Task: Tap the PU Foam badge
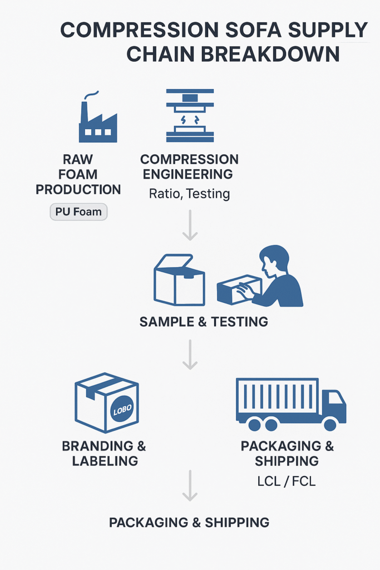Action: click(78, 212)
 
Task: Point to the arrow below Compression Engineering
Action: click(190, 226)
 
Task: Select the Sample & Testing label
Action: click(204, 322)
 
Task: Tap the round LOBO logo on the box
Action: click(122, 411)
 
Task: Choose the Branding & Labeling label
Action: click(104, 453)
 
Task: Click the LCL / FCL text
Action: click(286, 482)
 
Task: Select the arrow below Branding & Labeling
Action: click(190, 485)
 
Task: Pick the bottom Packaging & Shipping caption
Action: click(189, 523)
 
